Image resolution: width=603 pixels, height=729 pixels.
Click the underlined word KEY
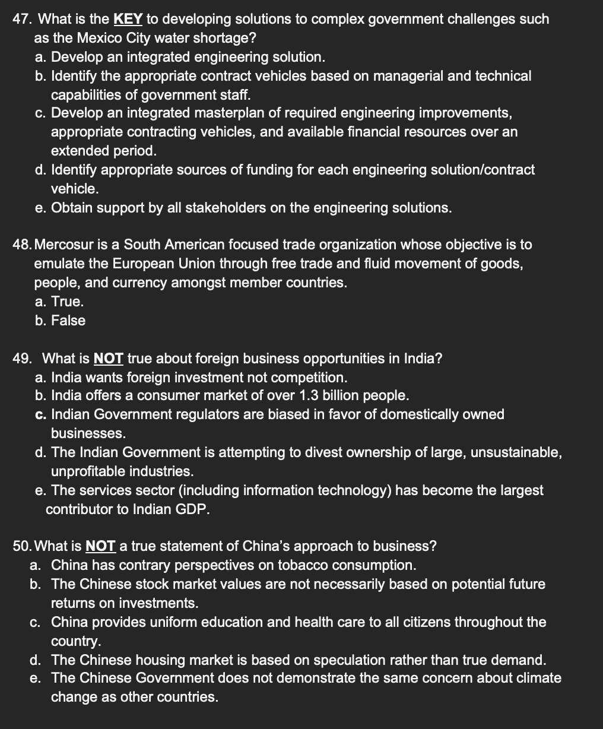tap(128, 19)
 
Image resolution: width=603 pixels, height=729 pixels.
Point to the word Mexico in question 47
tap(76, 38)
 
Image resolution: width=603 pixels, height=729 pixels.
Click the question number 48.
tap(22, 245)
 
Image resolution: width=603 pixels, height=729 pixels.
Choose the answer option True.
tap(67, 302)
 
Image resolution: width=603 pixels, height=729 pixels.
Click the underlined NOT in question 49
tap(109, 359)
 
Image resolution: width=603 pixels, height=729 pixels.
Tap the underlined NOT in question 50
tap(100, 546)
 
